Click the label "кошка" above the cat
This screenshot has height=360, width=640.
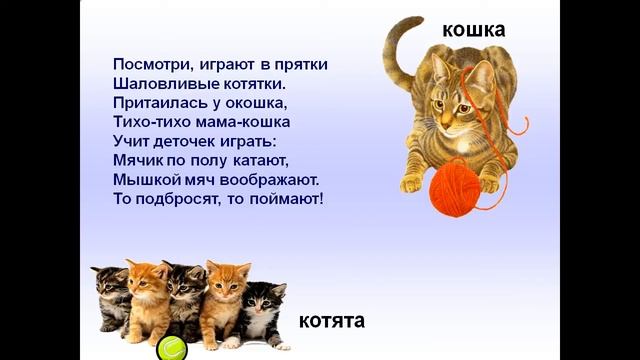(474, 29)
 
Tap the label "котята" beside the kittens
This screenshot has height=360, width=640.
(332, 321)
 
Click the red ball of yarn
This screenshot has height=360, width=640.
(456, 187)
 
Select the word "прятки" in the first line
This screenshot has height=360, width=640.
(301, 64)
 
